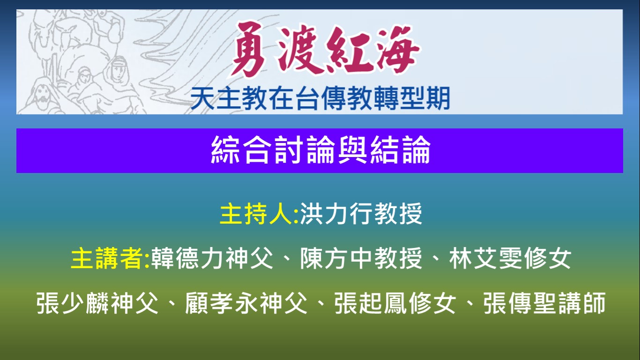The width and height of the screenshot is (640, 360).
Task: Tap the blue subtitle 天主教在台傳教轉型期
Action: (320, 98)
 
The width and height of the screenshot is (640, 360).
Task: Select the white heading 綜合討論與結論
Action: (320, 150)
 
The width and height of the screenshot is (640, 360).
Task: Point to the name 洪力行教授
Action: (361, 214)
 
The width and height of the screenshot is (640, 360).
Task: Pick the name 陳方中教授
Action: (361, 258)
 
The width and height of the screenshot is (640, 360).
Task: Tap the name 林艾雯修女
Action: (510, 258)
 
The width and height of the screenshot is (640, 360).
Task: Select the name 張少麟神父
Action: (97, 303)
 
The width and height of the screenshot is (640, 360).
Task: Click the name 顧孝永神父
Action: (246, 303)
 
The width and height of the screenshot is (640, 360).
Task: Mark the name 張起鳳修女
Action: (395, 303)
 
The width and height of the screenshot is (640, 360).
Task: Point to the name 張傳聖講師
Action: (544, 303)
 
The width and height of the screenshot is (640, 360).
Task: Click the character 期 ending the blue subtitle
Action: (438, 98)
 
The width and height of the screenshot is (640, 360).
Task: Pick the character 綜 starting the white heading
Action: (225, 150)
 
